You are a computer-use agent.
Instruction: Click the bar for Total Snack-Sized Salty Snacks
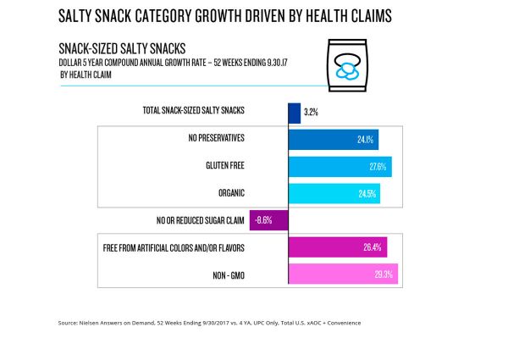pos(294,113)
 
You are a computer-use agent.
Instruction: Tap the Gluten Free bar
pos(340,167)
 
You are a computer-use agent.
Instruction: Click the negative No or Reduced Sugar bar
pos(268,220)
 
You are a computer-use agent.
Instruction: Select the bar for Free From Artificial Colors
pos(337,247)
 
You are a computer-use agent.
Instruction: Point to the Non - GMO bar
pos(343,274)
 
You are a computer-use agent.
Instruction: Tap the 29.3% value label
pos(384,274)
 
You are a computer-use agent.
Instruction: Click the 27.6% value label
pos(377,167)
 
